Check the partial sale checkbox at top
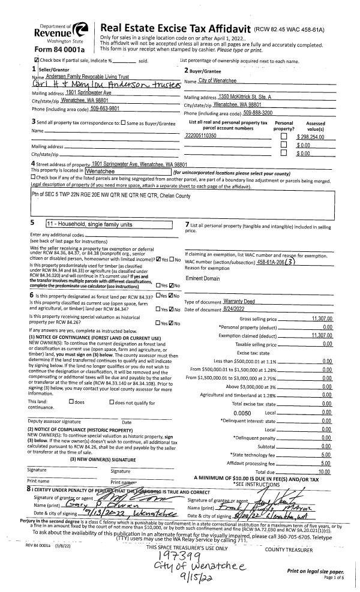coord(38,61)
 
